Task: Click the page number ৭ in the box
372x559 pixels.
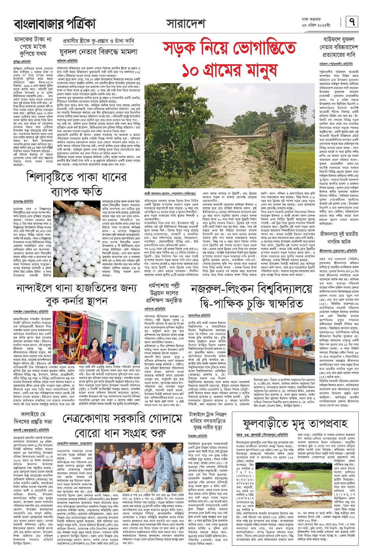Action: point(352,22)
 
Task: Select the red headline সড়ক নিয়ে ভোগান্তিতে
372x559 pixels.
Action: point(229,49)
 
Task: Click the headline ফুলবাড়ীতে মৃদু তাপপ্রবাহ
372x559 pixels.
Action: point(295,423)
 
